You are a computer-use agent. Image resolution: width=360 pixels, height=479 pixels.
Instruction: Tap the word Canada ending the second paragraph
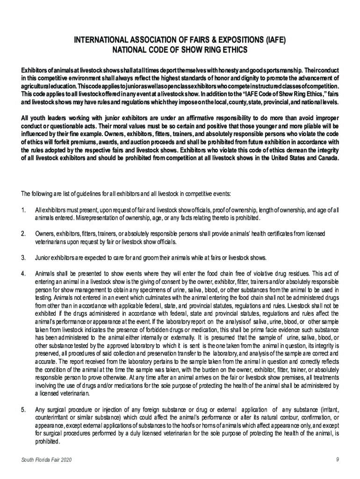(326, 159)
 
